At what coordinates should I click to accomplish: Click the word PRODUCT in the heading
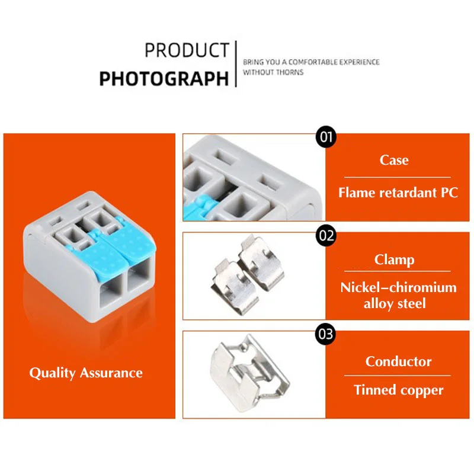click(187, 50)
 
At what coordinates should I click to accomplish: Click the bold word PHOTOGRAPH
click(164, 79)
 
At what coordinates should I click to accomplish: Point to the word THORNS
click(290, 72)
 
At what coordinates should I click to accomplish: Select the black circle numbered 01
click(326, 137)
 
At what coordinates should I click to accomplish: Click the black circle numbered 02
click(326, 235)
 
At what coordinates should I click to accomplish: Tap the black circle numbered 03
click(326, 334)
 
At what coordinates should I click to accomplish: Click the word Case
click(394, 160)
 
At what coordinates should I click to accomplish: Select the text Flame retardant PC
click(398, 193)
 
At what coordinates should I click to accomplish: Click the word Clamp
click(394, 260)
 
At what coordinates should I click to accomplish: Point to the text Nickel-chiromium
click(398, 287)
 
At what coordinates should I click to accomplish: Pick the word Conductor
click(398, 361)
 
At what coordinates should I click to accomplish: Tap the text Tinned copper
click(398, 390)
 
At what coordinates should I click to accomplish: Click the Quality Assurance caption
click(86, 373)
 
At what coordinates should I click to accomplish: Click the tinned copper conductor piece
click(249, 374)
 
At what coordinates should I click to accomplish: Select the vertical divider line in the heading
click(236, 64)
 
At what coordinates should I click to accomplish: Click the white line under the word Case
click(397, 177)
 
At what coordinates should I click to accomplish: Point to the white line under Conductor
click(397, 376)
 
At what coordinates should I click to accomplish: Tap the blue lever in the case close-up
click(197, 209)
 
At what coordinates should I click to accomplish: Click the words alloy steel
click(395, 303)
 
